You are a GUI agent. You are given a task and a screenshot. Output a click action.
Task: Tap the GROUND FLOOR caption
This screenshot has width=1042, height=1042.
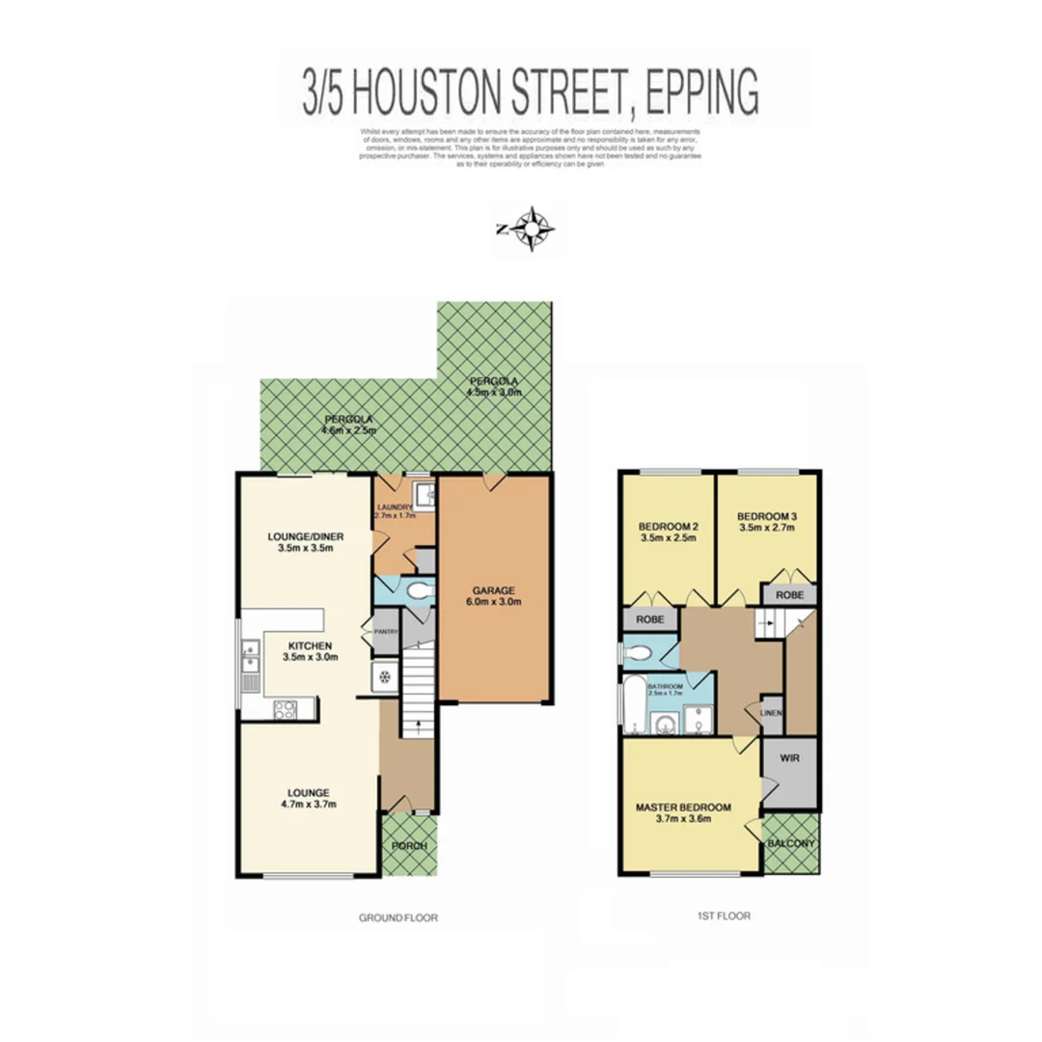(397, 918)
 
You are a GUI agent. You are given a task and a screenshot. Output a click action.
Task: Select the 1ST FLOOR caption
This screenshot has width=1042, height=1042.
(723, 917)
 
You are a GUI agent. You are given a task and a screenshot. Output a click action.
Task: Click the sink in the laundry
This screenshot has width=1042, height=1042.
(423, 496)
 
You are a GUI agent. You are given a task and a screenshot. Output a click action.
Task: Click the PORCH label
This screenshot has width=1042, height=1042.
(409, 846)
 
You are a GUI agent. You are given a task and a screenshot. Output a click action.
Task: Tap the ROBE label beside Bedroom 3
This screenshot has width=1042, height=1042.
(790, 595)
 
